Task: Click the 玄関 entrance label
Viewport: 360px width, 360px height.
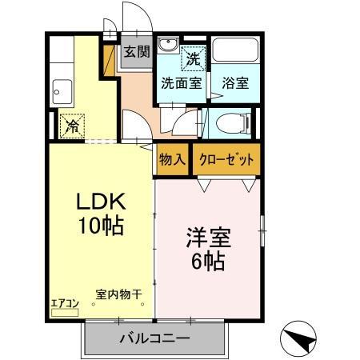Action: [137, 53]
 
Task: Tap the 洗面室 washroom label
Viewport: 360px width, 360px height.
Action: [182, 82]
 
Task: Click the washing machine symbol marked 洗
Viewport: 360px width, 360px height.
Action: [193, 57]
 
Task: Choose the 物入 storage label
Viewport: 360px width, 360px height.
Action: [172, 159]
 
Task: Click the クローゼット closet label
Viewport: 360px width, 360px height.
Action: [226, 159]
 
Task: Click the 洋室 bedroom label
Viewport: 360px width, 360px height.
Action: [207, 237]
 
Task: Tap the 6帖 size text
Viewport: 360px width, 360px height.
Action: [207, 261]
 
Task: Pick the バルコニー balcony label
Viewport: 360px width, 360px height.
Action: [155, 338]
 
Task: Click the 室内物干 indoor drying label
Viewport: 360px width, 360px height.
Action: [118, 294]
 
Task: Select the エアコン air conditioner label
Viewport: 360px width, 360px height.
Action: [64, 303]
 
